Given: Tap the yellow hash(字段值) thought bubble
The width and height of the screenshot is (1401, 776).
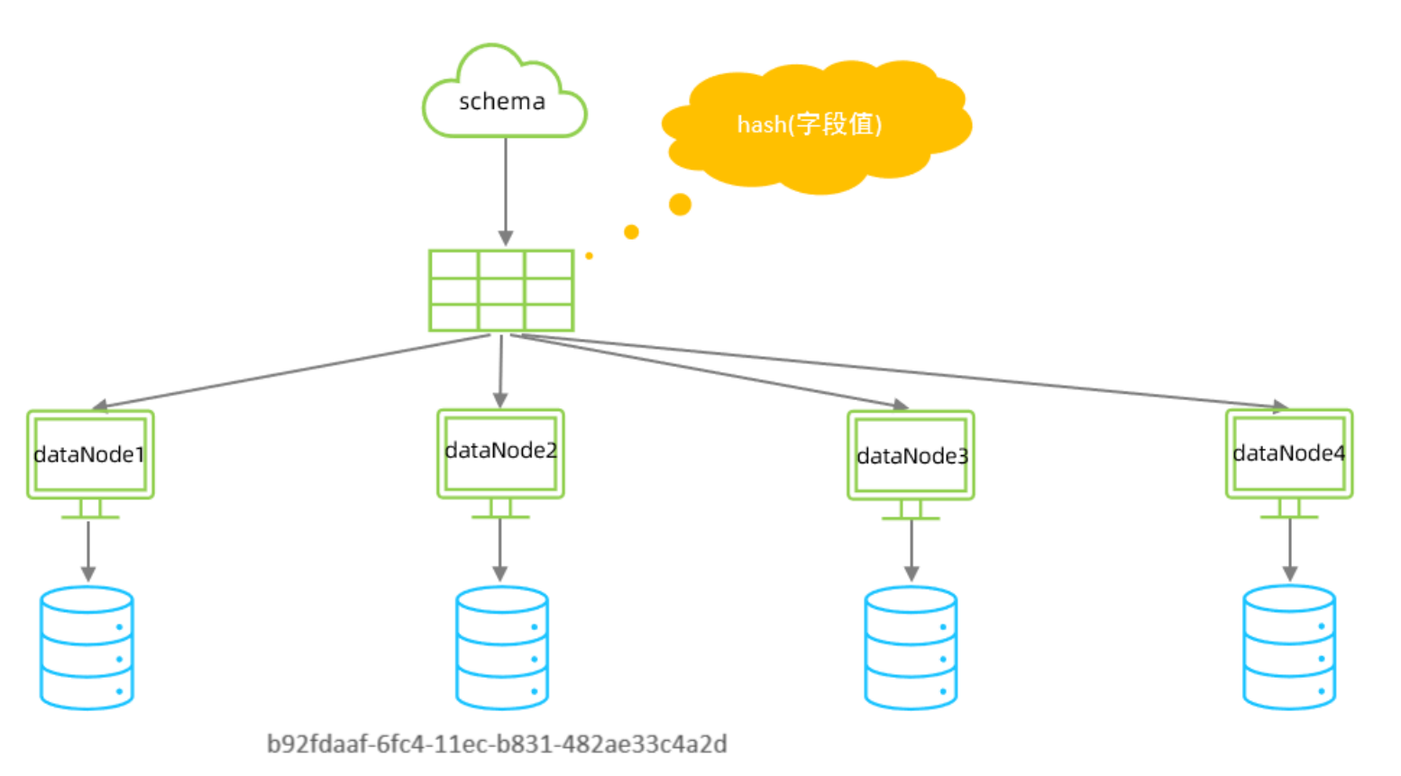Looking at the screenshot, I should point(811,124).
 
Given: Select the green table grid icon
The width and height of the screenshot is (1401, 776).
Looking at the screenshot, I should point(501,290).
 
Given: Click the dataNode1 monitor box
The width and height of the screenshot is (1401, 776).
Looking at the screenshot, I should point(90,455).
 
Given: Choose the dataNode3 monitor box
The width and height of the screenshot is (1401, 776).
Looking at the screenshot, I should point(911,456).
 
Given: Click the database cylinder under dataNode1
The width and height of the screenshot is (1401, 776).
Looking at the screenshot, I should point(87,648).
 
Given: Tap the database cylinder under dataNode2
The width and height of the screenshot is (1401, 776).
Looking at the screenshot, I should point(502,648).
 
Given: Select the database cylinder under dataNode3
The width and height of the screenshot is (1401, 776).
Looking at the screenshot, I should point(911,648).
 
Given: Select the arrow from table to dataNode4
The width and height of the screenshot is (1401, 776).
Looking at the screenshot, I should point(902,370).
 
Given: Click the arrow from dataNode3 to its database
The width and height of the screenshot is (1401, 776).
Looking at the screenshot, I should point(911,550).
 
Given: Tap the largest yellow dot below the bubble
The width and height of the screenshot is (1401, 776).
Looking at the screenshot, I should point(680,205).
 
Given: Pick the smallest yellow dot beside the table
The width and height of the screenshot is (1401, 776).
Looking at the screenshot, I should point(589,256).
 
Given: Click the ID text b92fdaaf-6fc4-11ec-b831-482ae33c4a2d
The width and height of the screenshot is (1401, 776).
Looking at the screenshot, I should point(497,744).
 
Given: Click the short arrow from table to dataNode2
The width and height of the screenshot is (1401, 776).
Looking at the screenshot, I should point(501,370).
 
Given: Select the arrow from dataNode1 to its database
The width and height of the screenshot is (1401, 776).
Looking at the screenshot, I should point(88,550).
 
